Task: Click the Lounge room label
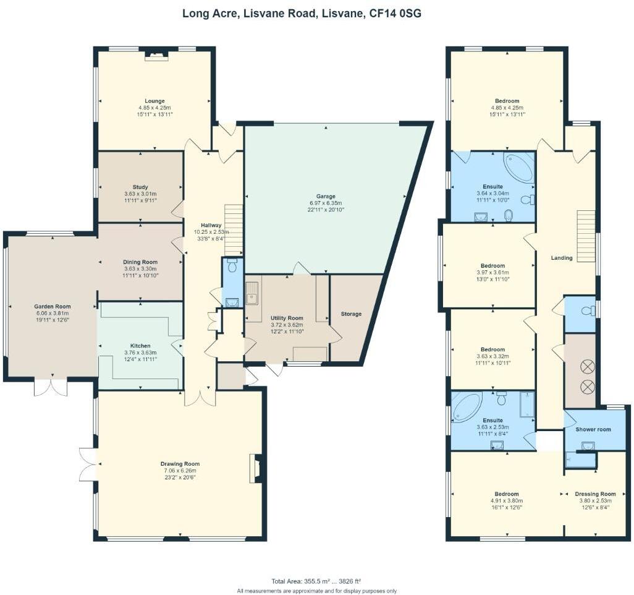(154, 101)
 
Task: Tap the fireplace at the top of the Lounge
(156, 56)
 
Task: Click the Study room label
(140, 187)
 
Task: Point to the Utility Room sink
(252, 293)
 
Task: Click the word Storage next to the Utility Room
(351, 314)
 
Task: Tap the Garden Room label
(52, 306)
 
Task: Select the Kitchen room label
(140, 346)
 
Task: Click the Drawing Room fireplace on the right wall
(255, 468)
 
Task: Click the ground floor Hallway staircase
(233, 229)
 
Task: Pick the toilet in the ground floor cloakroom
(232, 267)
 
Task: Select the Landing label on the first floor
(562, 258)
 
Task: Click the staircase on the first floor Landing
(586, 236)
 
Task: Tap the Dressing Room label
(595, 494)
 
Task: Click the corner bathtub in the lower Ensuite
(467, 406)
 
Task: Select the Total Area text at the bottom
(316, 581)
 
